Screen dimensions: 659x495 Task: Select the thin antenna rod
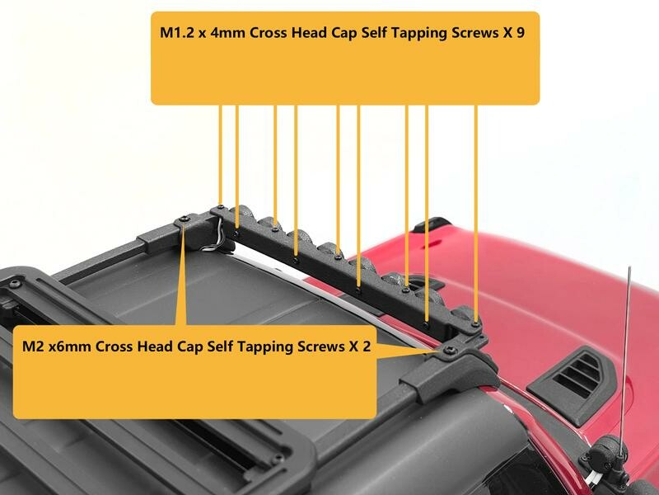(x=625, y=358)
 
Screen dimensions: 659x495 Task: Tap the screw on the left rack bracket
(x=185, y=219)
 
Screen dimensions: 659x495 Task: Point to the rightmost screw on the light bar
(x=475, y=324)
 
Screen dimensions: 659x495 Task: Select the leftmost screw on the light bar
(x=220, y=207)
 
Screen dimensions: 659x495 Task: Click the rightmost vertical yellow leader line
(x=476, y=214)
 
